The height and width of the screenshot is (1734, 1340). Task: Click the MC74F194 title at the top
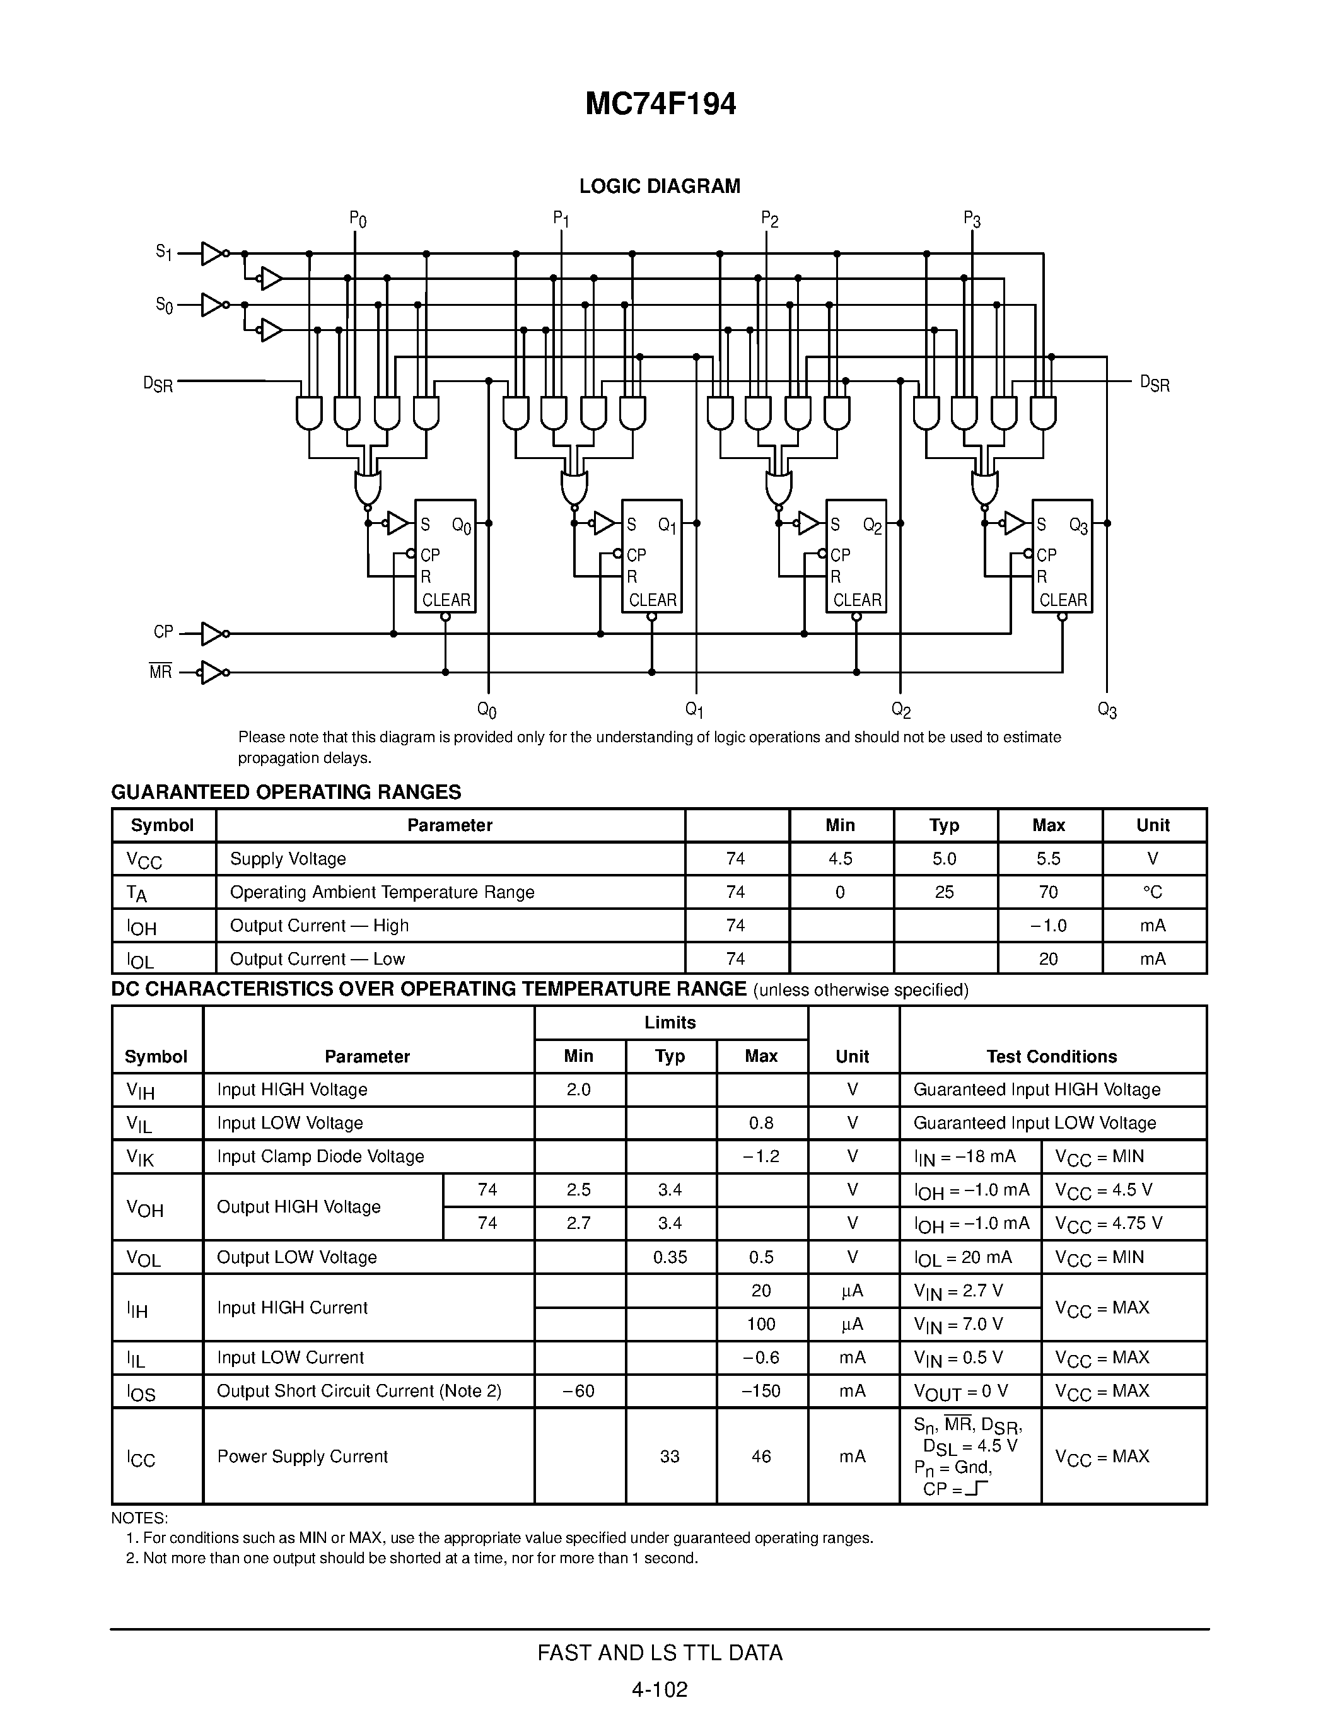point(660,104)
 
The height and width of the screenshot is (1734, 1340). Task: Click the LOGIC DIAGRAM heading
point(660,187)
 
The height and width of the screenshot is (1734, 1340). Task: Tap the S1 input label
point(163,252)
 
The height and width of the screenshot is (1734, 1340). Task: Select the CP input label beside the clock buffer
point(163,632)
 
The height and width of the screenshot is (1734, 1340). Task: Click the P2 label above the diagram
point(769,219)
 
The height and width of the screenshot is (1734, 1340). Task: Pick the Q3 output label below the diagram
point(1107,710)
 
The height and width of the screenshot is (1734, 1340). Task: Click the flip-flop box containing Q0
point(445,556)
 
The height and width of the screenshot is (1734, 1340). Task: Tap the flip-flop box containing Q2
point(856,556)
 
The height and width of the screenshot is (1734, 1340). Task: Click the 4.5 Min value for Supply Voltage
point(840,858)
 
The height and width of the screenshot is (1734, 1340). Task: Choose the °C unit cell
point(1153,892)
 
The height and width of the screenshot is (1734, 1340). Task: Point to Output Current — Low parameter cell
point(318,958)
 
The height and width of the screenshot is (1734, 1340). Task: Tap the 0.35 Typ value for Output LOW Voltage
point(670,1257)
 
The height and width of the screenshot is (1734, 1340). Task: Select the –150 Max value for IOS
point(761,1390)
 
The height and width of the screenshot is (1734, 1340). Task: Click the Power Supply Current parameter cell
point(303,1456)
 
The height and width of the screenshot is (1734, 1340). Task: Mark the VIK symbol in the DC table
point(141,1158)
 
